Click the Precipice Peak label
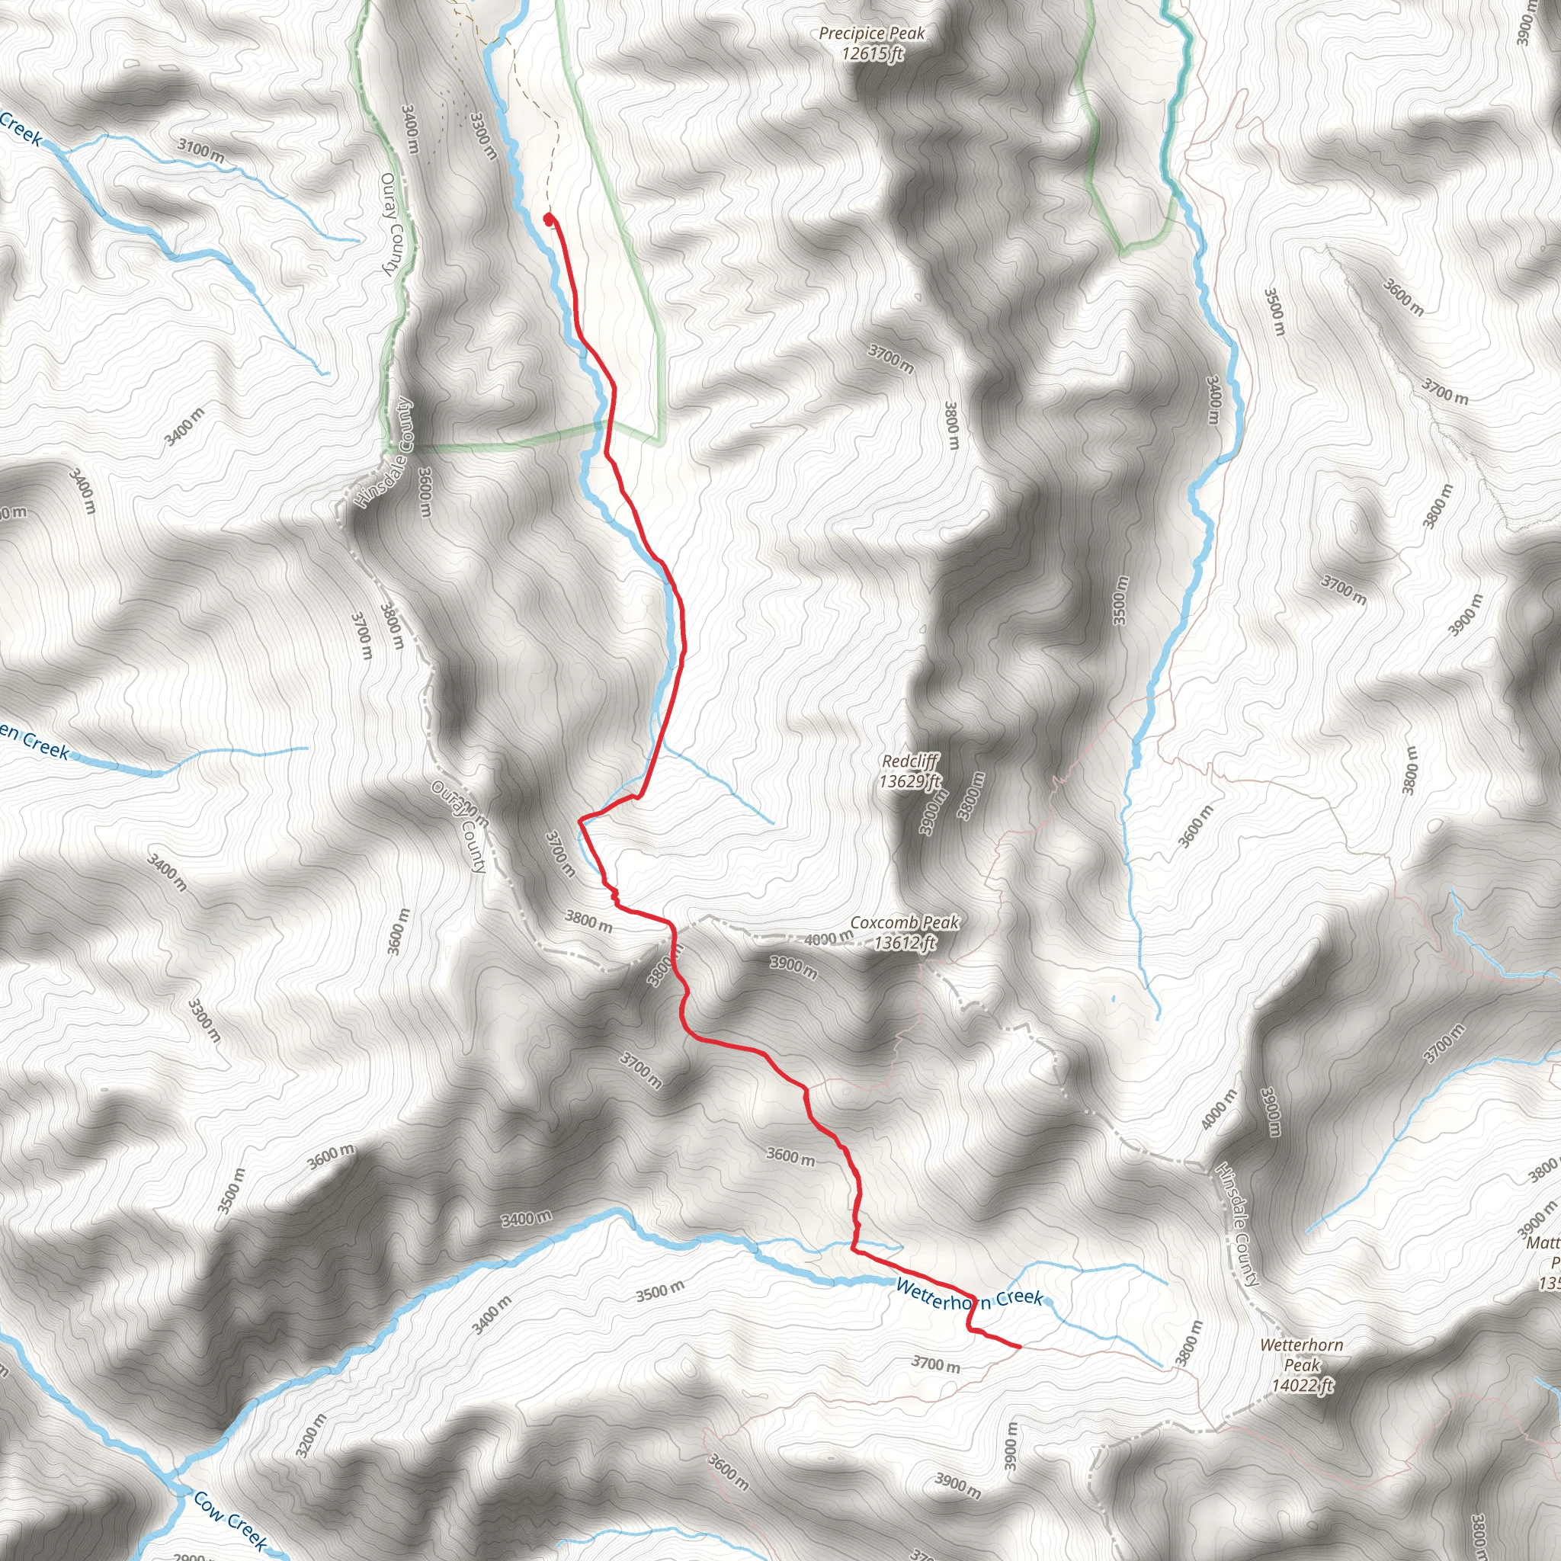pos(871,34)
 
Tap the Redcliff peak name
pos(910,761)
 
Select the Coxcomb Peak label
pos(904,923)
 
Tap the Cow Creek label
pos(230,1521)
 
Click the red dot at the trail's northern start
pos(550,218)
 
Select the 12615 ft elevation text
pos(872,54)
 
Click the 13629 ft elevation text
pos(910,781)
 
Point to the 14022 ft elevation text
pos(1303,1386)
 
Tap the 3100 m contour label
pos(201,150)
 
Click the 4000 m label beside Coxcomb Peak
pos(829,938)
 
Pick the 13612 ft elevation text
pos(904,943)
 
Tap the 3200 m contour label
pos(311,1436)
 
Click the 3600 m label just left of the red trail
pos(790,1156)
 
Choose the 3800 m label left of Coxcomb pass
pos(588,920)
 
